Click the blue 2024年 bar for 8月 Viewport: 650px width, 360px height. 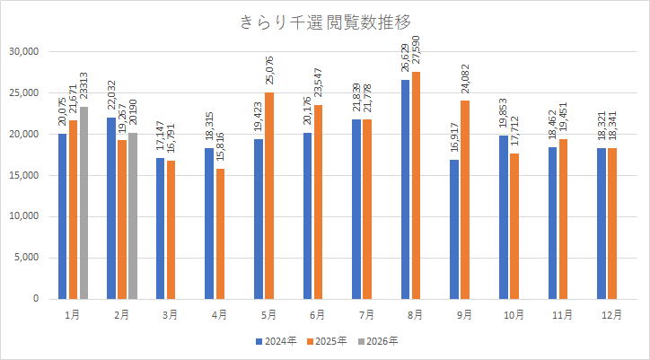406,189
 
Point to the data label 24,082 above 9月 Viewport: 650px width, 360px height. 465,78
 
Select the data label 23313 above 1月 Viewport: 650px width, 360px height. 84,83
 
